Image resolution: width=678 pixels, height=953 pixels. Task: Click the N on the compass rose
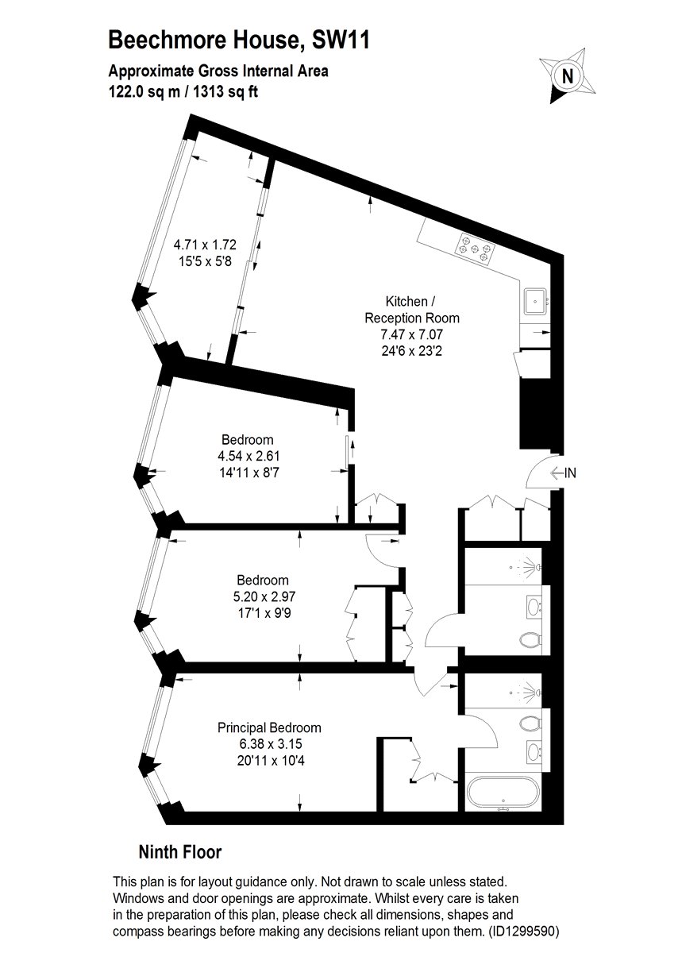click(568, 76)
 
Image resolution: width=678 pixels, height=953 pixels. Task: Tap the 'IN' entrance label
click(570, 473)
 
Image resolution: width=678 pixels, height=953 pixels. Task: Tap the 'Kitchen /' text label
click(410, 301)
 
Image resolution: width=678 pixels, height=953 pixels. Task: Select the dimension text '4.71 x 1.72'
click(205, 245)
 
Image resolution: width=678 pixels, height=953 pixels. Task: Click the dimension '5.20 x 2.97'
click(264, 596)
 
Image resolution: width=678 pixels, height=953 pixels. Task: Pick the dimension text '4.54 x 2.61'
click(248, 456)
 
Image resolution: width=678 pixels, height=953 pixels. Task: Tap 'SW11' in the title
click(341, 40)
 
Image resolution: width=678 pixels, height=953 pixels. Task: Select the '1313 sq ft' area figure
click(225, 91)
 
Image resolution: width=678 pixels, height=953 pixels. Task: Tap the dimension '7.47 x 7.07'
click(412, 334)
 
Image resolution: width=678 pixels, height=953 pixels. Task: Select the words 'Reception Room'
click(412, 318)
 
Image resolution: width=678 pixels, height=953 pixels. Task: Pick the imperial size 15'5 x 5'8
click(205, 260)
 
